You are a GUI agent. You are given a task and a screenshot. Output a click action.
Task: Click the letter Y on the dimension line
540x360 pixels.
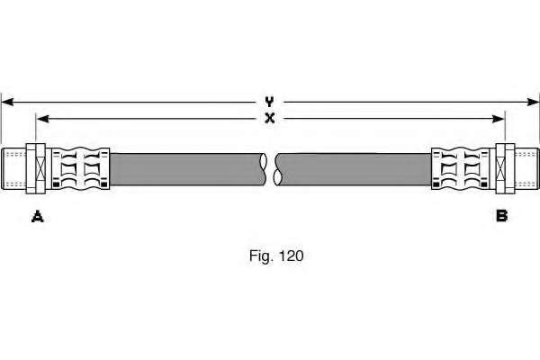269,102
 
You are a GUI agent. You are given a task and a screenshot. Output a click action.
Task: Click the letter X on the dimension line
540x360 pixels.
270,119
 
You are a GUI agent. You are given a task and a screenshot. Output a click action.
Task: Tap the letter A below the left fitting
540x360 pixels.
38,217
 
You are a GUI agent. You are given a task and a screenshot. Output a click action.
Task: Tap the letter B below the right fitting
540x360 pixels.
502,216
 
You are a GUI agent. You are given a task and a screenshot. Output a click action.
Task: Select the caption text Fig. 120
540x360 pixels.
276,256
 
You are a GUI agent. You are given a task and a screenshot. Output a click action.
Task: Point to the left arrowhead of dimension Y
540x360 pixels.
7,102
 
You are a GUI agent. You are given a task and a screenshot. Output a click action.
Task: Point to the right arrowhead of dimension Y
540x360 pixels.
533,102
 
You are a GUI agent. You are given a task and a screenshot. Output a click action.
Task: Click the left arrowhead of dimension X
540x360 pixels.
42,119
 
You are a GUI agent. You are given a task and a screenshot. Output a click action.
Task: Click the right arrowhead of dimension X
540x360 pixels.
499,119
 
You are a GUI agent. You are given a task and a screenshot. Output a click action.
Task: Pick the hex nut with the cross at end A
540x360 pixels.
36,168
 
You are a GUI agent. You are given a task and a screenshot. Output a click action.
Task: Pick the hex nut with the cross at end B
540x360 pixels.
505,168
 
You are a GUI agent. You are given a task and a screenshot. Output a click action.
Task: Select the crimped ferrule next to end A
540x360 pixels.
81,169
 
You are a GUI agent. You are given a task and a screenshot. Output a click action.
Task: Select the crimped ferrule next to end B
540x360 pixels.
461,169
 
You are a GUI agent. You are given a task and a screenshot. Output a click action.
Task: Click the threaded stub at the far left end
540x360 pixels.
13,168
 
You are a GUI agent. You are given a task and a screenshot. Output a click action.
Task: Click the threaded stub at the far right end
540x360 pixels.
526,168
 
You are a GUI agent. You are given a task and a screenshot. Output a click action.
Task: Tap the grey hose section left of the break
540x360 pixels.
188,169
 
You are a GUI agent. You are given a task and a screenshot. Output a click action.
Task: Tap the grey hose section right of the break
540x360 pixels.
354,169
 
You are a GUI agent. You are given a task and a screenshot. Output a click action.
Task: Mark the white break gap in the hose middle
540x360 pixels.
271,169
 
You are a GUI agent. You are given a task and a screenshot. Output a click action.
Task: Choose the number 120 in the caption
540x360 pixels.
292,256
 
